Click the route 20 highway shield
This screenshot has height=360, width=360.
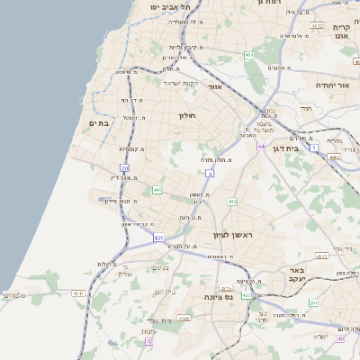124,167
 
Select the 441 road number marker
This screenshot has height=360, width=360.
157,189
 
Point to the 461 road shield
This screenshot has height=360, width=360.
249,56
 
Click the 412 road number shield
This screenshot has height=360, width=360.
231,202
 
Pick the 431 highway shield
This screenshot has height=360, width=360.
158,238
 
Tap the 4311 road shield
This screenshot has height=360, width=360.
78,292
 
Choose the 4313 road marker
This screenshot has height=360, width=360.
183,318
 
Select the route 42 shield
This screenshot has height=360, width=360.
149,341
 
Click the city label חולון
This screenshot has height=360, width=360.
187,115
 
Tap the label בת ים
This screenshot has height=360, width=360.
98,122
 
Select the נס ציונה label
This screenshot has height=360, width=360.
219,297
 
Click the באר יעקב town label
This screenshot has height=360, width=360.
293,274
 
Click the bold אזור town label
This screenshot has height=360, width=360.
214,86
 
